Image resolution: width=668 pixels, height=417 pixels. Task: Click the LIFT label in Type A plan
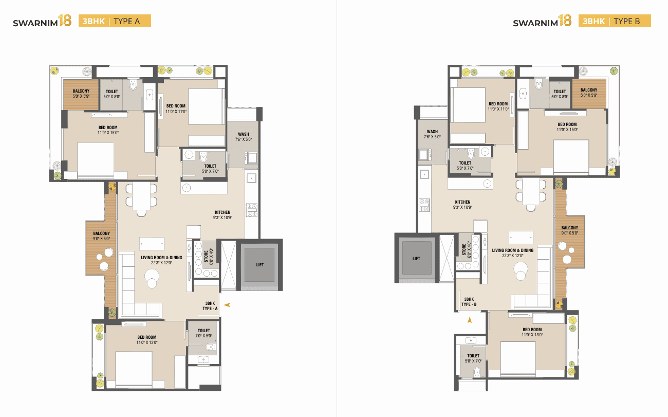pos(260,265)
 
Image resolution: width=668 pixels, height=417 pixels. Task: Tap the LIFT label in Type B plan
pos(416,259)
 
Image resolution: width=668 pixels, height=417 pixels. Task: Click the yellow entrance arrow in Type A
pos(227,305)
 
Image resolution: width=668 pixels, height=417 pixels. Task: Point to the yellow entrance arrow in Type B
pos(469,320)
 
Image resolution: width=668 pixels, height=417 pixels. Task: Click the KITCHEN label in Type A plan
pos(222,214)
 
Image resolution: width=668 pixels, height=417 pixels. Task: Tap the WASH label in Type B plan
pos(432,134)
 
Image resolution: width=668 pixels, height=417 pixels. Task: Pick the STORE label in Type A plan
pos(206,255)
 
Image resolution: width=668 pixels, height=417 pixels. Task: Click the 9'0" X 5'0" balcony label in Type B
pos(569,230)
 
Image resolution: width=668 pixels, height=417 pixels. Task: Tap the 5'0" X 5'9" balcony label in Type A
pos(81,94)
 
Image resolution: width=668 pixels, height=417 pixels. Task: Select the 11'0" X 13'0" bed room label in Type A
pos(146,340)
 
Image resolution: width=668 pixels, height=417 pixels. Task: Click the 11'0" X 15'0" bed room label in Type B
pos(567,127)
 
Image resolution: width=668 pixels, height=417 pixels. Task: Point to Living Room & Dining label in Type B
pos(512,253)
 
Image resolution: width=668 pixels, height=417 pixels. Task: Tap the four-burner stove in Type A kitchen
pos(252,208)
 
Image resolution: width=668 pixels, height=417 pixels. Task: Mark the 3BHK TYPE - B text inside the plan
pos(469,302)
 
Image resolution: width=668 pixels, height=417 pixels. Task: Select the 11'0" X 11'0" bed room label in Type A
pos(176,108)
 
